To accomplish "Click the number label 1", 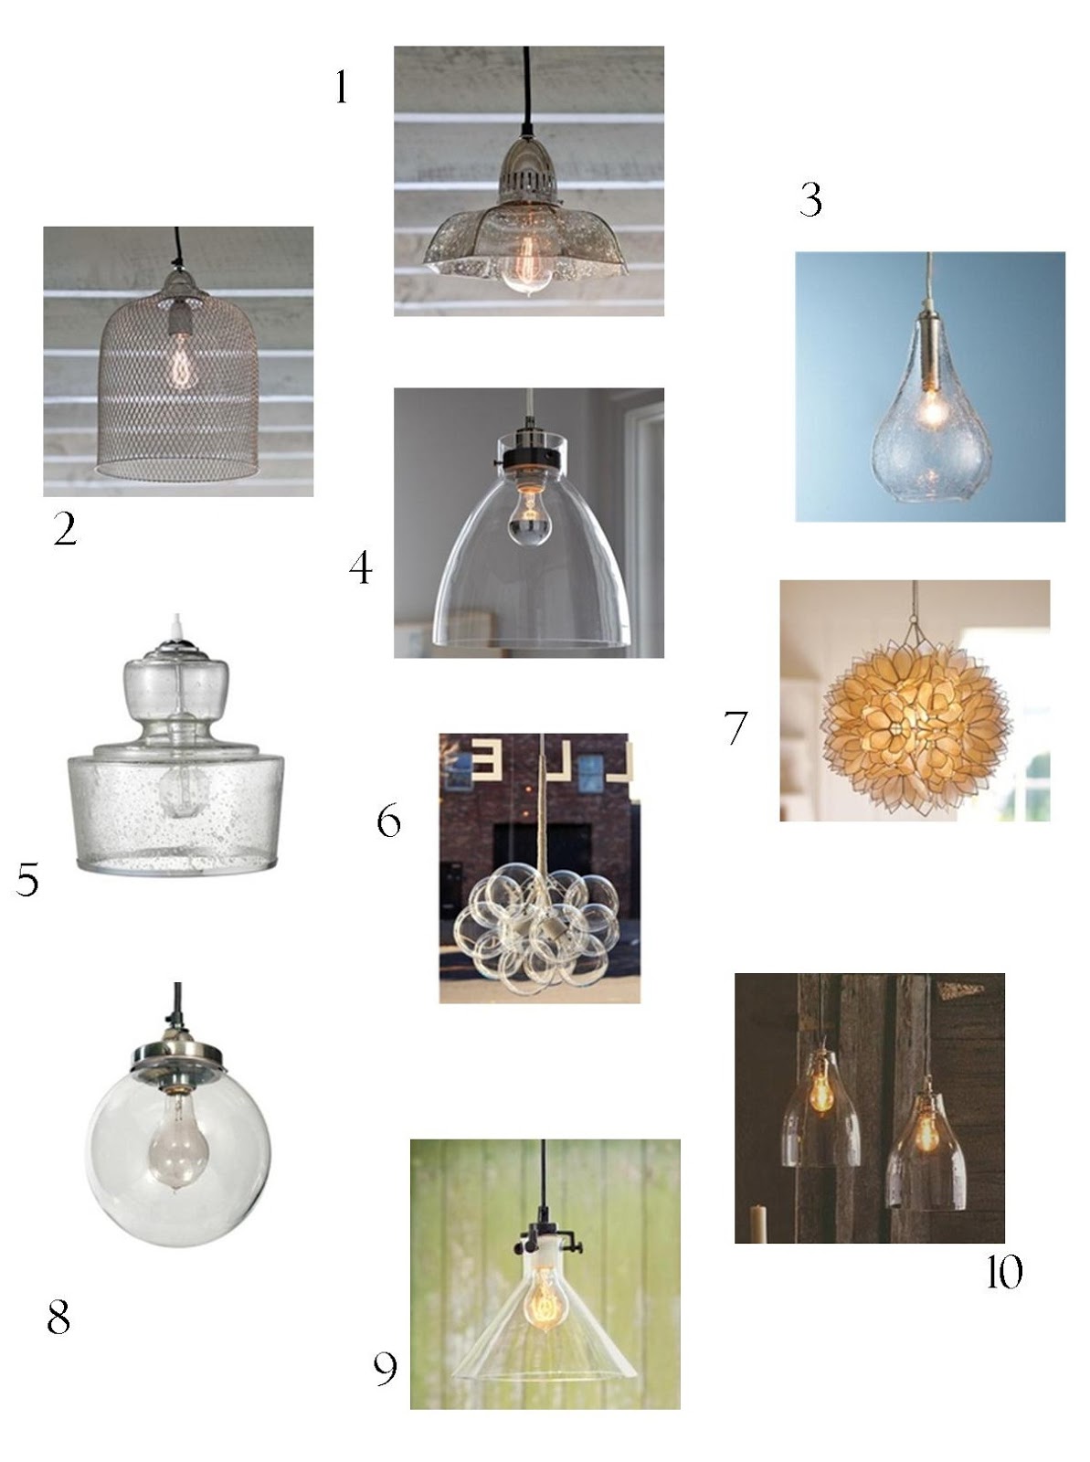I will (341, 89).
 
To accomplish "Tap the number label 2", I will (65, 529).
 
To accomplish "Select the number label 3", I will (810, 200).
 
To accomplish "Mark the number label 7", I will (735, 728).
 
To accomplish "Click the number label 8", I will (58, 1318).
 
